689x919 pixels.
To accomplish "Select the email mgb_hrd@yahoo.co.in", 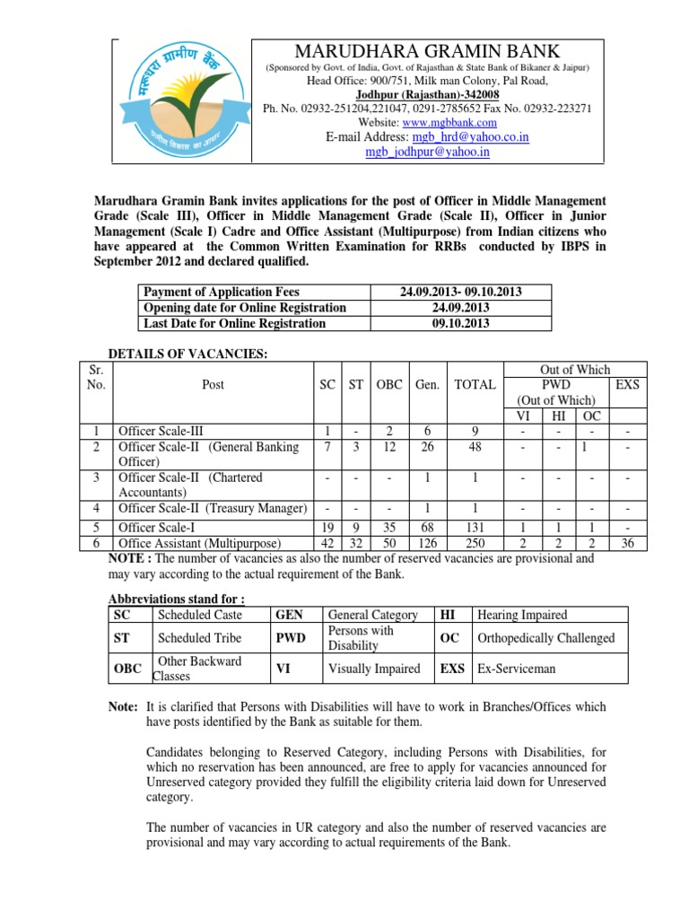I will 470,137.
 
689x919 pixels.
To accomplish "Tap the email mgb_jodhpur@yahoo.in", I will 427,152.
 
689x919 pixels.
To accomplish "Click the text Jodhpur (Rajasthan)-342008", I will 427,94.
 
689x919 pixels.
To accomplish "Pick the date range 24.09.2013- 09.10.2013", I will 461,292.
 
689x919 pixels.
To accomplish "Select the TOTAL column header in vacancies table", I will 475,384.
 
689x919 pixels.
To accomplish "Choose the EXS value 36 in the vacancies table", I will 625,544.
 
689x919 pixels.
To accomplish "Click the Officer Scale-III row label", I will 168,431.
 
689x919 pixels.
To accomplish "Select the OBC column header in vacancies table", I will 388,384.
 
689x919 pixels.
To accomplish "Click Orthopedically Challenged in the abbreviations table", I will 546,638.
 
